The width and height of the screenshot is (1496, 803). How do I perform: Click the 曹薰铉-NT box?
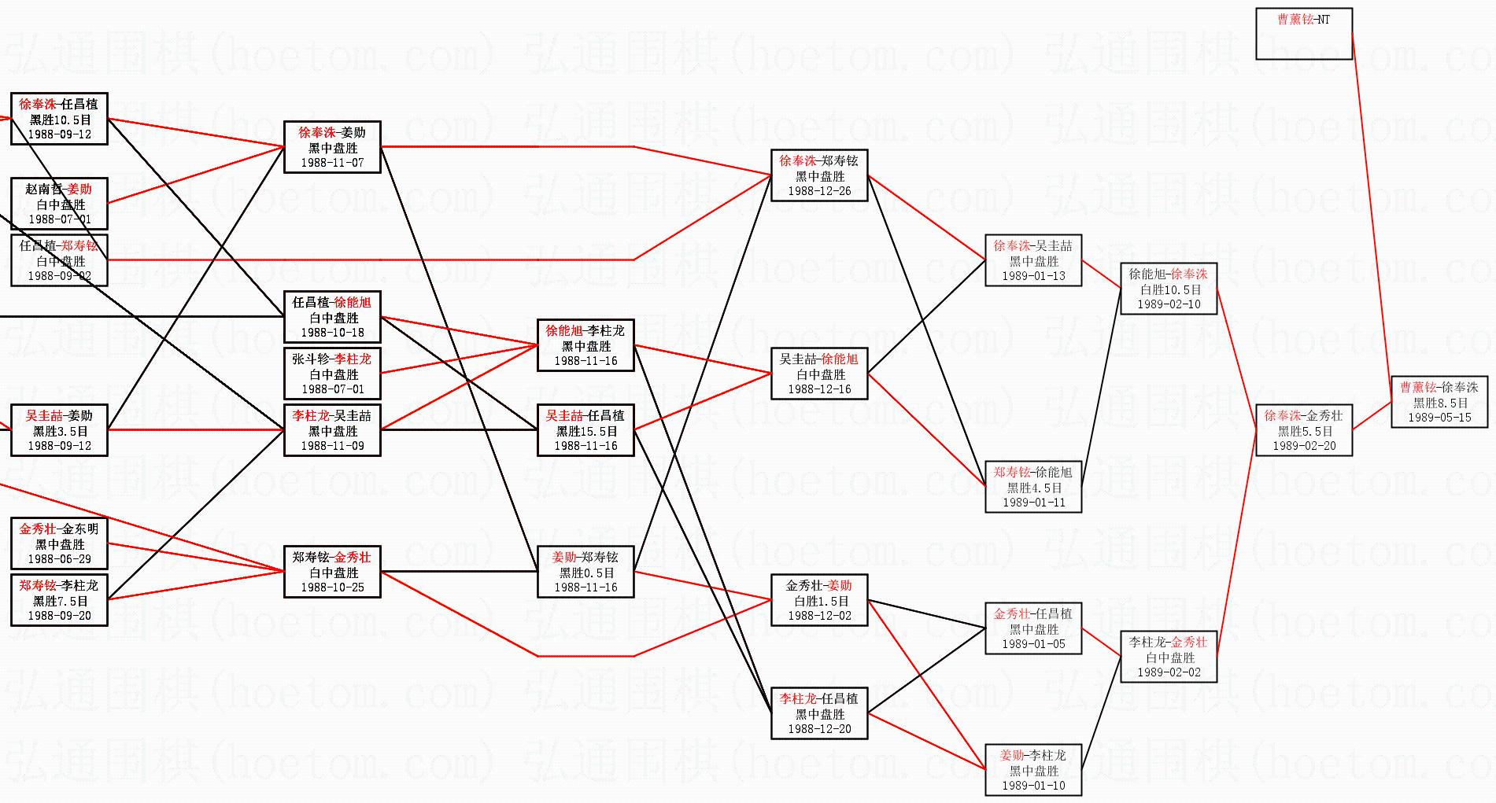pyautogui.click(x=1303, y=33)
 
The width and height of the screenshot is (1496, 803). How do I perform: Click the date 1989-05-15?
pyautogui.click(x=1439, y=418)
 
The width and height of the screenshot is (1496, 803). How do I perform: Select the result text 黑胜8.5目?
pyautogui.click(x=1439, y=403)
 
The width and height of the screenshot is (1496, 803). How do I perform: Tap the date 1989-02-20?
pyautogui.click(x=1304, y=446)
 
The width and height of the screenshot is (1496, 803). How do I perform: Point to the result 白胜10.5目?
pyautogui.click(x=1169, y=289)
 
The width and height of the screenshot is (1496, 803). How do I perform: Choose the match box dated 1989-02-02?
pyautogui.click(x=1169, y=657)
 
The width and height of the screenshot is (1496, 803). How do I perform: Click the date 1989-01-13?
pyautogui.click(x=1033, y=276)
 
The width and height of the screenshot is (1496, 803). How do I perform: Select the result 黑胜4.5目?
pyautogui.click(x=1033, y=488)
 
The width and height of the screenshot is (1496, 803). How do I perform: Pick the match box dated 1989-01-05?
pyautogui.click(x=1033, y=628)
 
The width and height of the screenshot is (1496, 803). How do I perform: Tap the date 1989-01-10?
pyautogui.click(x=1033, y=786)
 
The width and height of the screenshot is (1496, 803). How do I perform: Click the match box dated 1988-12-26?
pyautogui.click(x=819, y=175)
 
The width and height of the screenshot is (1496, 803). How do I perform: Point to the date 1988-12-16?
pyautogui.click(x=819, y=389)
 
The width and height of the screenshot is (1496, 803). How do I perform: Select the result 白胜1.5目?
pyautogui.click(x=819, y=601)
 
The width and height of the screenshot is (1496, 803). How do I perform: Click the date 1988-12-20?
pyautogui.click(x=819, y=729)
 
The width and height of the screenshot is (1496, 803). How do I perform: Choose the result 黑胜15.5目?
pyautogui.click(x=586, y=431)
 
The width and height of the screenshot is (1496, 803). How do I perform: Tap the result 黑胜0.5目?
pyautogui.click(x=586, y=573)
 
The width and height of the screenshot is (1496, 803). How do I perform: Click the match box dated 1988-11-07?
pyautogui.click(x=332, y=147)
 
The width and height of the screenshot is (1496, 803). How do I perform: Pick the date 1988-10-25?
pyautogui.click(x=332, y=588)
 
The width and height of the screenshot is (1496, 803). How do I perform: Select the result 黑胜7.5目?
pyautogui.click(x=60, y=601)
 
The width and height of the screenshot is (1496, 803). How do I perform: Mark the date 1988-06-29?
pyautogui.click(x=60, y=559)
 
